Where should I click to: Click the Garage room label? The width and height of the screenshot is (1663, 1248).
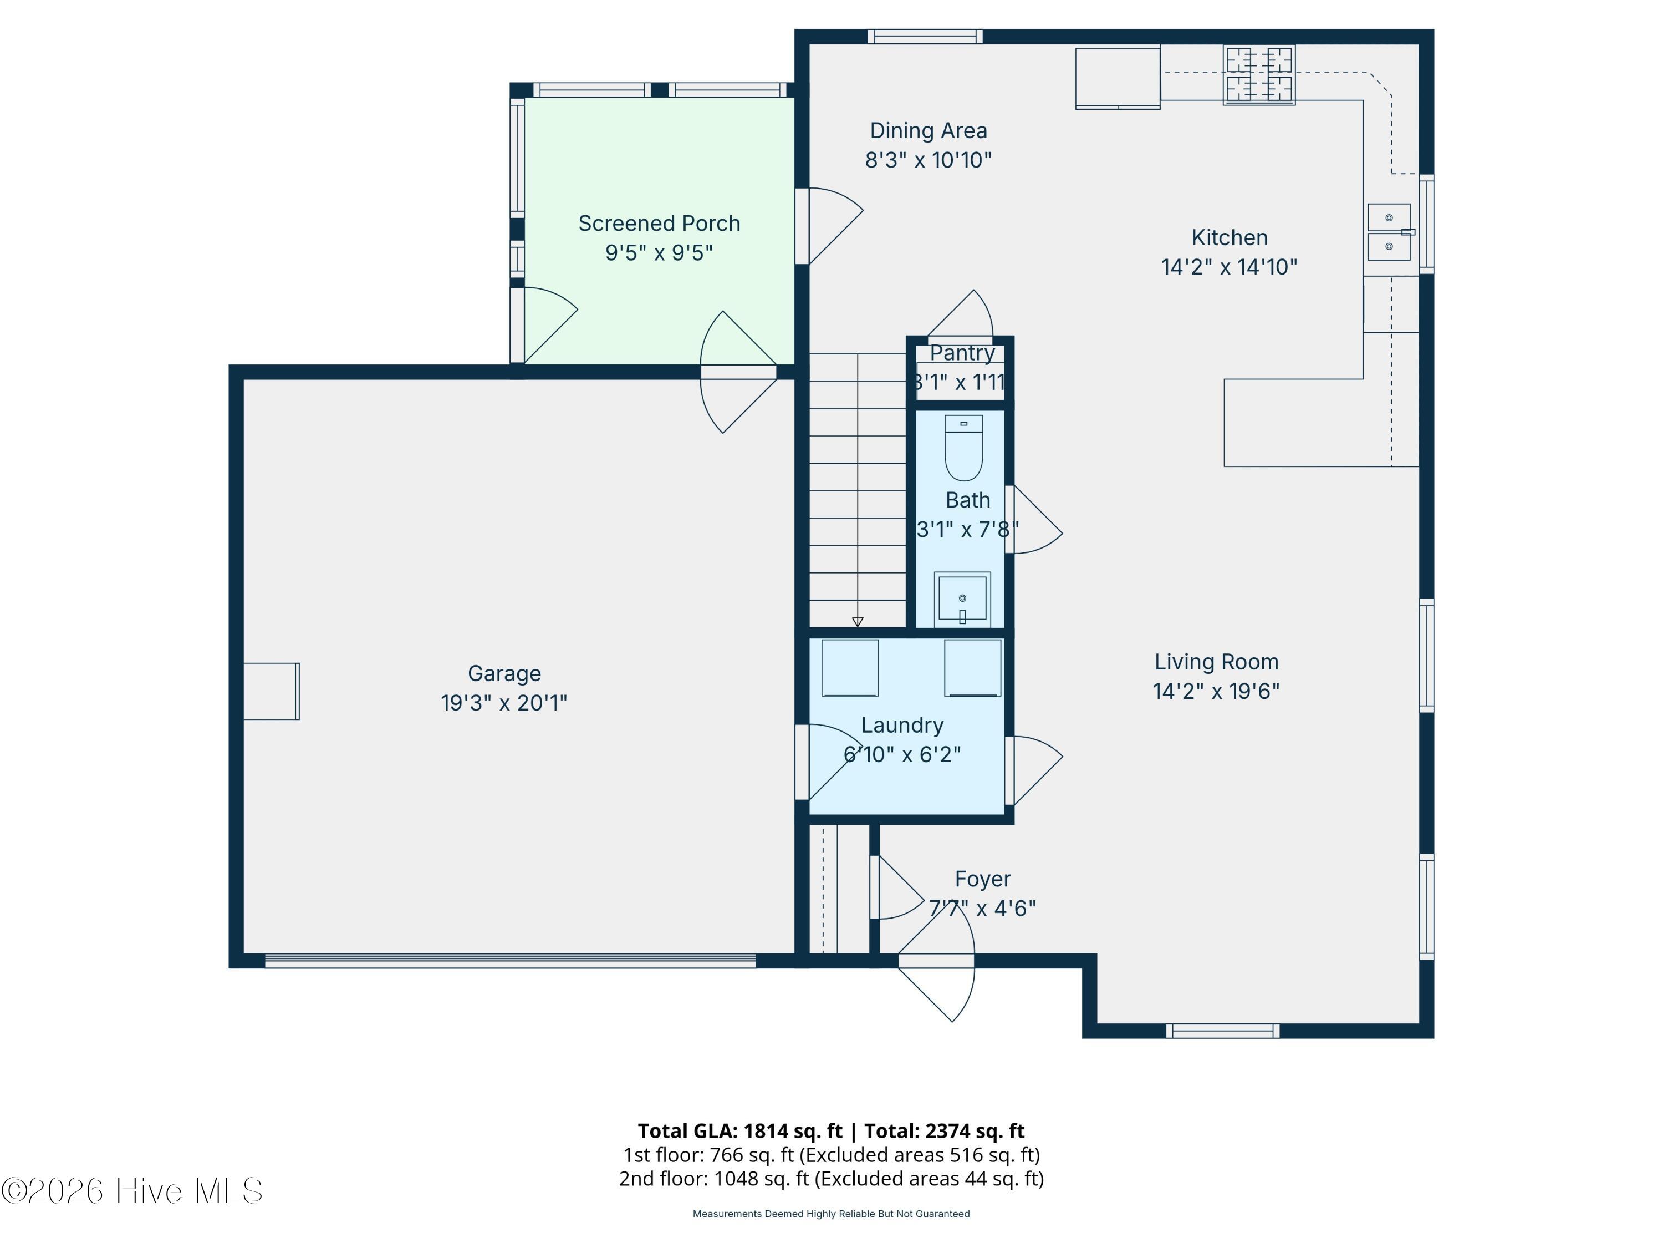coord(504,673)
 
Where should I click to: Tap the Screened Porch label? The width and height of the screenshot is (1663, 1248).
coord(659,224)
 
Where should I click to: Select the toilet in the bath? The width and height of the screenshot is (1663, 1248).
coord(964,448)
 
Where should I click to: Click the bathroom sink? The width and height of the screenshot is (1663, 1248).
coord(962,600)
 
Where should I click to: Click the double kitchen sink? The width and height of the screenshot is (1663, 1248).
coord(1389,232)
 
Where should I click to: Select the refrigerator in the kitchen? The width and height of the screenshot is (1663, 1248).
coord(1118,79)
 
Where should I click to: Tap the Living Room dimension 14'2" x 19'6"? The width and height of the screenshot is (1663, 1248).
coord(1216,691)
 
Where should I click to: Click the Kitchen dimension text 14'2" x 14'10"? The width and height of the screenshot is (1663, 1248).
coord(1229,267)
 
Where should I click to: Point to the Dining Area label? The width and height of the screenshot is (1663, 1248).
coord(929,131)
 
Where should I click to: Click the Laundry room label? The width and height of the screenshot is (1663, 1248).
coord(902,725)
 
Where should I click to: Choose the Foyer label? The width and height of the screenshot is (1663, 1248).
coord(983,879)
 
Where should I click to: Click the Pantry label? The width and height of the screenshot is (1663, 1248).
coord(962,353)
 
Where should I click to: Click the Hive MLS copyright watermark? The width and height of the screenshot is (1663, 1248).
coord(132,1191)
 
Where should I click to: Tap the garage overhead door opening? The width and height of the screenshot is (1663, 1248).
coord(511,961)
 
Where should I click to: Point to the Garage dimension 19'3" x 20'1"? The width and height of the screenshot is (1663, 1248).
coord(504,703)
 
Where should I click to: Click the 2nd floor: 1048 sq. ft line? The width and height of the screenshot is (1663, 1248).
coord(831,1179)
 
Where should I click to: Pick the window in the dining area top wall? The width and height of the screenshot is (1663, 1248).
coord(926,36)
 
